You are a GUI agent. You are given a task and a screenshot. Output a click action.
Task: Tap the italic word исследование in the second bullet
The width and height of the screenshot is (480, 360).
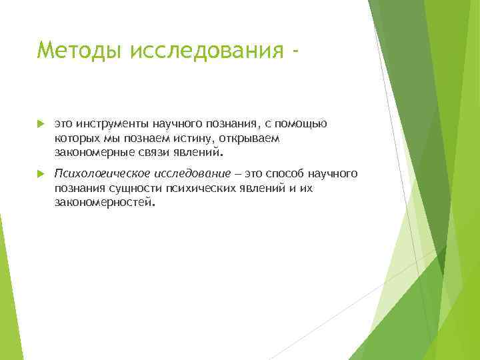pyautogui.click(x=191, y=174)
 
